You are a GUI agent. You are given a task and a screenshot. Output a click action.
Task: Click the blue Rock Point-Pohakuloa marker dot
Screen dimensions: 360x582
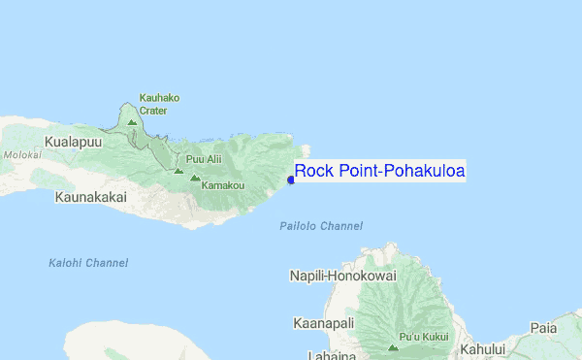pyautogui.click(x=291, y=179)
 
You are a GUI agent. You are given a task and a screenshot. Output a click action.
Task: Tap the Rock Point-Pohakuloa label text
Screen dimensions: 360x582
pyautogui.click(x=379, y=172)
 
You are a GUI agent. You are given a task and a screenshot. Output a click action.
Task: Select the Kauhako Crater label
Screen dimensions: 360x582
pyautogui.click(x=159, y=104)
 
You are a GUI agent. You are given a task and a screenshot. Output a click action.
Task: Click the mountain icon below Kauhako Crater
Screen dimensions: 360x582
pyautogui.click(x=132, y=122)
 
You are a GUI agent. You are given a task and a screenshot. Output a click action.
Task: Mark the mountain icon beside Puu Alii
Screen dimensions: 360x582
pyautogui.click(x=178, y=170)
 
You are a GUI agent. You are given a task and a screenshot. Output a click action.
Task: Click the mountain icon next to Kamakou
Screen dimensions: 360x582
pyautogui.click(x=195, y=179)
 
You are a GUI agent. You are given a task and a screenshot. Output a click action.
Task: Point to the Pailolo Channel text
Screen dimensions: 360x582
pyautogui.click(x=320, y=226)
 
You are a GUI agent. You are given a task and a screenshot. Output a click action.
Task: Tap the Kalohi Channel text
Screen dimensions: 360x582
pyautogui.click(x=88, y=263)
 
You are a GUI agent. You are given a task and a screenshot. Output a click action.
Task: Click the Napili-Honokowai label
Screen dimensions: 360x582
pyautogui.click(x=342, y=276)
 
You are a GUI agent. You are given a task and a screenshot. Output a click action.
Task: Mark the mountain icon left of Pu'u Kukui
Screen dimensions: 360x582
pyautogui.click(x=393, y=346)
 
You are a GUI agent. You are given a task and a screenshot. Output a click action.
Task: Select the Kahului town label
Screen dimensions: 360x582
pyautogui.click(x=484, y=348)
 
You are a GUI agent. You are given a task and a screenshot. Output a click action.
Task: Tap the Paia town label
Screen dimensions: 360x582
pyautogui.click(x=543, y=328)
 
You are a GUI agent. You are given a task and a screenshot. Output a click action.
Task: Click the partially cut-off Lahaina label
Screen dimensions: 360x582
pyautogui.click(x=330, y=354)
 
